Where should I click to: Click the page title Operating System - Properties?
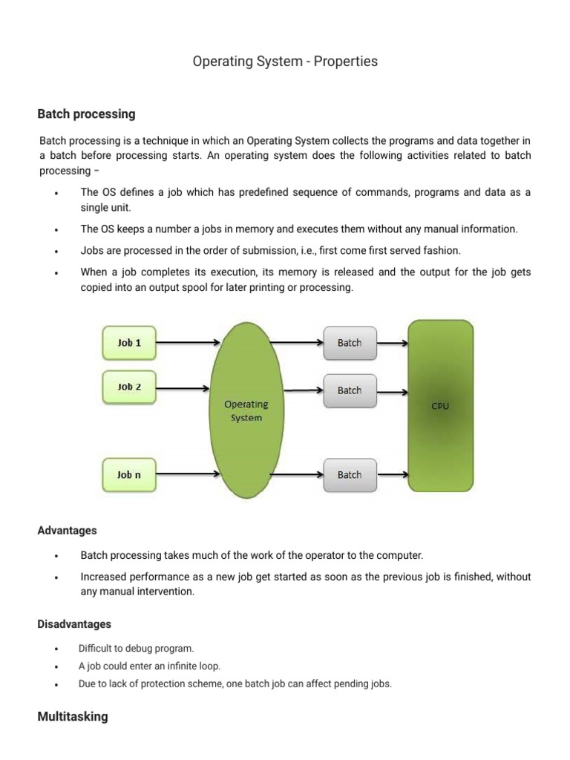(285, 62)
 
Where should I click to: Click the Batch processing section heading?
(86, 114)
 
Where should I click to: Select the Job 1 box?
(128, 343)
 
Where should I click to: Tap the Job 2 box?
(128, 387)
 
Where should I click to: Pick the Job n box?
(128, 475)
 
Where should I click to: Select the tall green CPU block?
(440, 406)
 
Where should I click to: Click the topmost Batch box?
(350, 343)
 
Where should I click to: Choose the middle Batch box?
(350, 390)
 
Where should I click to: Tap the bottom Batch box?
(350, 475)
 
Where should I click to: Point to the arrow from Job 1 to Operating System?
(189, 343)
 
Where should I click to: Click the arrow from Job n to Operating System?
(189, 475)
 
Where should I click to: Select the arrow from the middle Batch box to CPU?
(393, 390)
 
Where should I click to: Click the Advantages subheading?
(67, 531)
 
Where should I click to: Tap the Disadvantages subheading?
(74, 624)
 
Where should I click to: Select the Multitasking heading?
(73, 717)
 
